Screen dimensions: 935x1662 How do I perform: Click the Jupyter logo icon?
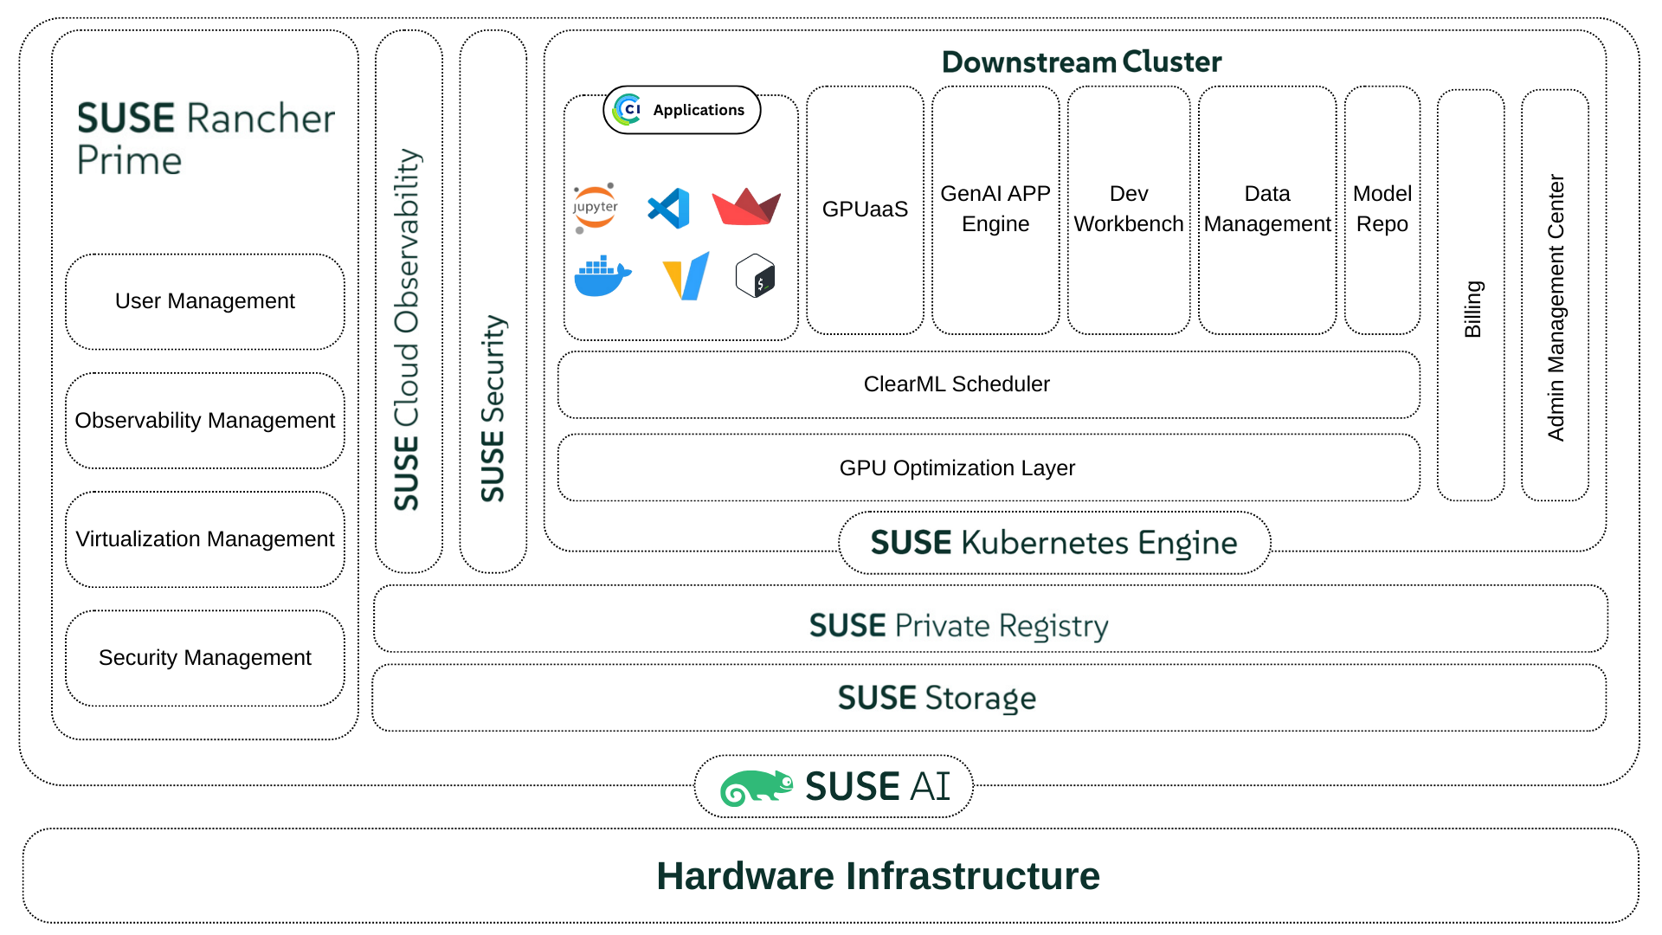595,208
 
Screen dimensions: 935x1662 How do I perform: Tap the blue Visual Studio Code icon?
669,209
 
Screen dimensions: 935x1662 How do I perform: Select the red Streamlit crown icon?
746,207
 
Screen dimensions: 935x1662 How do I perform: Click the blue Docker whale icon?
602,276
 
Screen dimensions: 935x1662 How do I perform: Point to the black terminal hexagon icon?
755,276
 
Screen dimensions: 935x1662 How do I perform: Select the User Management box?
205,301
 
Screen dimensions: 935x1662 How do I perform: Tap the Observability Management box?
205,421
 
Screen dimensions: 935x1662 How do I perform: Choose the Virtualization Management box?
205,539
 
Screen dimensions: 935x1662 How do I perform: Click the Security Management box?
205,658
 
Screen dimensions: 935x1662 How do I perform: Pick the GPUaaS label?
865,210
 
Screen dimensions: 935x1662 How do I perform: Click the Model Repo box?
1382,210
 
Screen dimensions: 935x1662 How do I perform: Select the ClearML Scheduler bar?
957,384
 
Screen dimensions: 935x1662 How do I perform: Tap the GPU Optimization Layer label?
957,468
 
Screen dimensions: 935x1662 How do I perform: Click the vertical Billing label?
1472,309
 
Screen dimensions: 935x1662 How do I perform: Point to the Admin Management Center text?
1556,307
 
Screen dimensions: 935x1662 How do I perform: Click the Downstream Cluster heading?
1081,62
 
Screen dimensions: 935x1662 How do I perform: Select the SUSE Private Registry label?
958,626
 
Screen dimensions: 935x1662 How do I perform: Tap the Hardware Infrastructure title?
878,876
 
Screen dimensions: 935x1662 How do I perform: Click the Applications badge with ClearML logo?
682,110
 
